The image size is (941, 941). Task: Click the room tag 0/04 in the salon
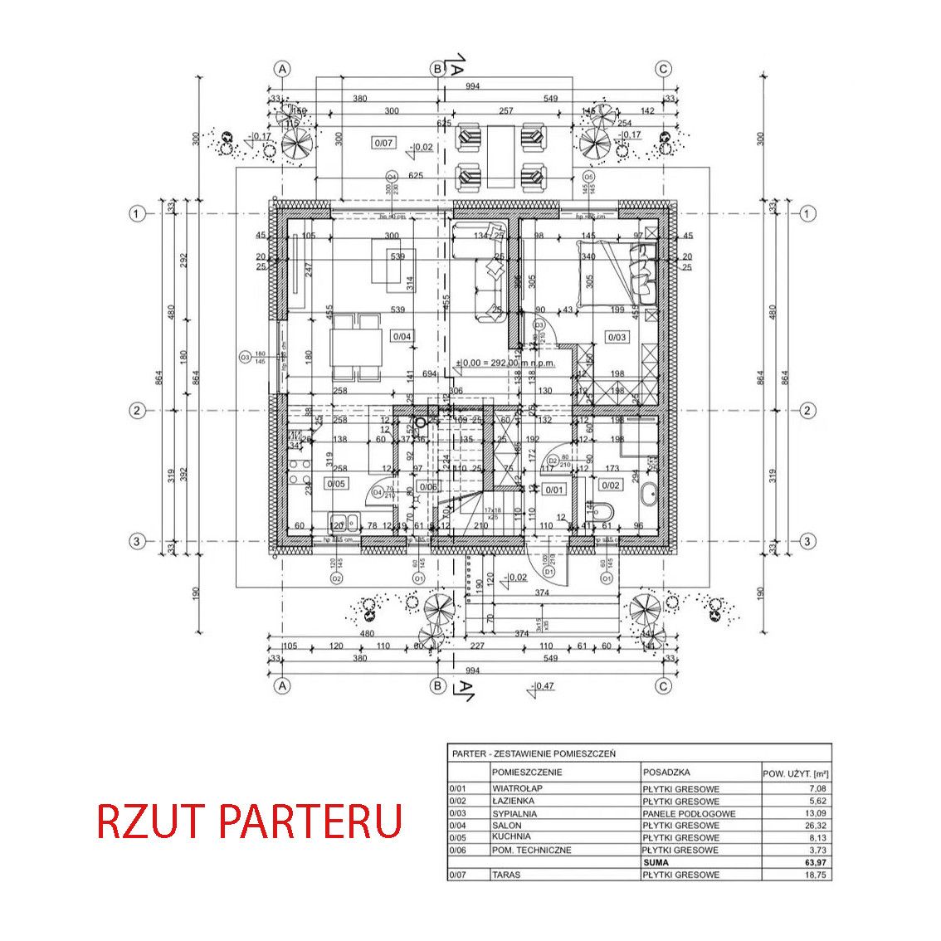coord(402,336)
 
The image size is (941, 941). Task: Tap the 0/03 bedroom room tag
coord(617,336)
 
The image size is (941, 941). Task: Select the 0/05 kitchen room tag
coord(337,482)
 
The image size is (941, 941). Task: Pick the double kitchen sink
coord(344,523)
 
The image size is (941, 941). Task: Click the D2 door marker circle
coord(552,461)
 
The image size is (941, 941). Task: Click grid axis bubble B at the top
coord(436,69)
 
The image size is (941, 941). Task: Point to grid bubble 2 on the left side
coord(135,410)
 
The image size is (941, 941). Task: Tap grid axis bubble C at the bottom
coord(663,685)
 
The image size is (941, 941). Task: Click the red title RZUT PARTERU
coord(249,820)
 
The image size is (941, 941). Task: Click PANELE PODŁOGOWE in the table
coord(688,813)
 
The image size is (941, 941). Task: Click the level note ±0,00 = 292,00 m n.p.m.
coord(505,363)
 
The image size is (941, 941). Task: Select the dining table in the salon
coord(356,344)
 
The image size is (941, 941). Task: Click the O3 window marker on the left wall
coord(245,358)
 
